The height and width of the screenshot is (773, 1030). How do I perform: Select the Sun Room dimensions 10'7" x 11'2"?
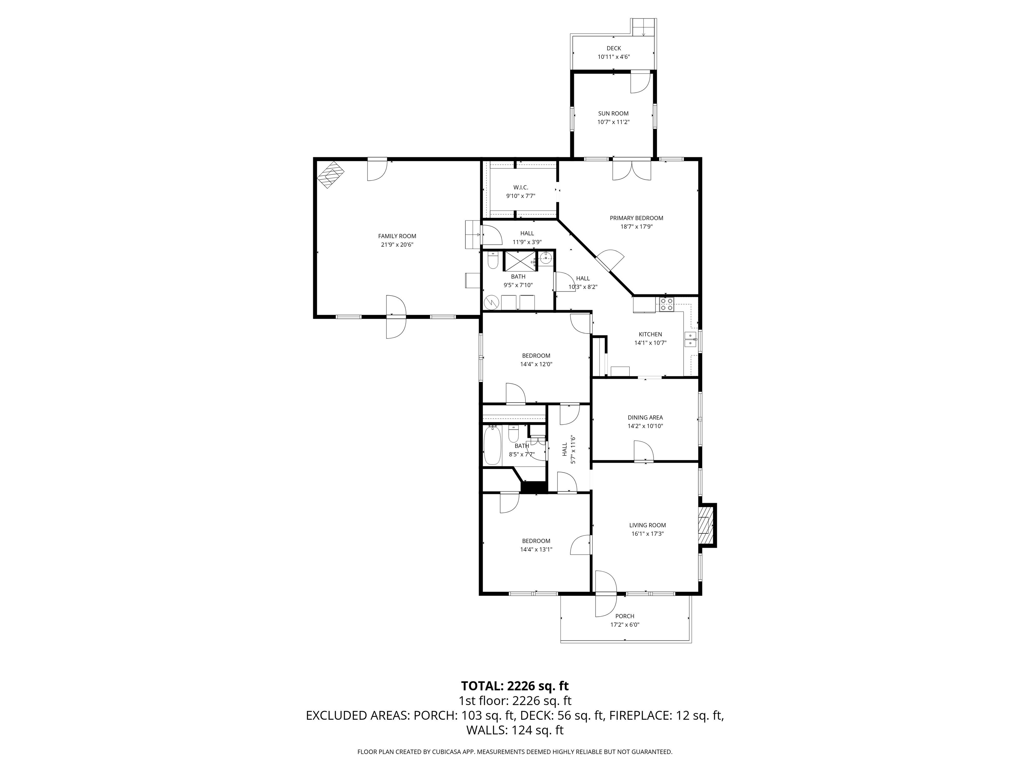(613, 122)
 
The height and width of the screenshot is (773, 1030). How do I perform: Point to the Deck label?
(613, 48)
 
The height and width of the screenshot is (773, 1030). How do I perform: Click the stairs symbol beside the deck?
(643, 28)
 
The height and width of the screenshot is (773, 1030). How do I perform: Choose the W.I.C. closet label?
(521, 187)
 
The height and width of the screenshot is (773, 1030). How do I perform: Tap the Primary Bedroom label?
(636, 218)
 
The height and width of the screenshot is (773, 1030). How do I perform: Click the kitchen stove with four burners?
(666, 305)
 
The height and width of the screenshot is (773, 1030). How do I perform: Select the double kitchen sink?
(690, 340)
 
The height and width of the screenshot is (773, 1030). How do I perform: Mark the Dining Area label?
(645, 417)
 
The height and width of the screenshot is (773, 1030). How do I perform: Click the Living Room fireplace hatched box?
(704, 525)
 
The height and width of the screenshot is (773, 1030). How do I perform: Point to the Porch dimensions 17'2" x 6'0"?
(624, 625)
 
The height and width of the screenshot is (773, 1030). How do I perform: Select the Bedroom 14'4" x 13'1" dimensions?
(536, 549)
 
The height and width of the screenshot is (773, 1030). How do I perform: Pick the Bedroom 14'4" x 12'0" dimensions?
(536, 364)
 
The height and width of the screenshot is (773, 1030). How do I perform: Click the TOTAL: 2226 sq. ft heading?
(515, 686)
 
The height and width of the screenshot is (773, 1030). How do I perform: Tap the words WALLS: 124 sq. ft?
(515, 730)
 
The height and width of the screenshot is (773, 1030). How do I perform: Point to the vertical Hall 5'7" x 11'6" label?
(569, 450)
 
